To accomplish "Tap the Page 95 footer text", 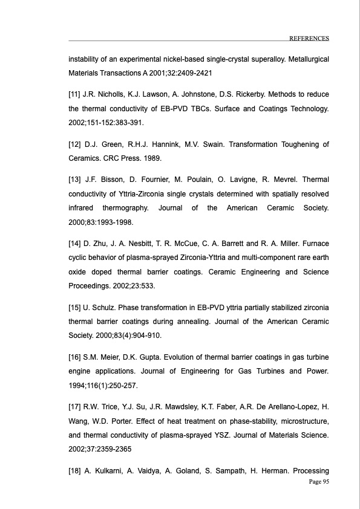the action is [318, 481].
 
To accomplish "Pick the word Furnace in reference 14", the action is [316, 243].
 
